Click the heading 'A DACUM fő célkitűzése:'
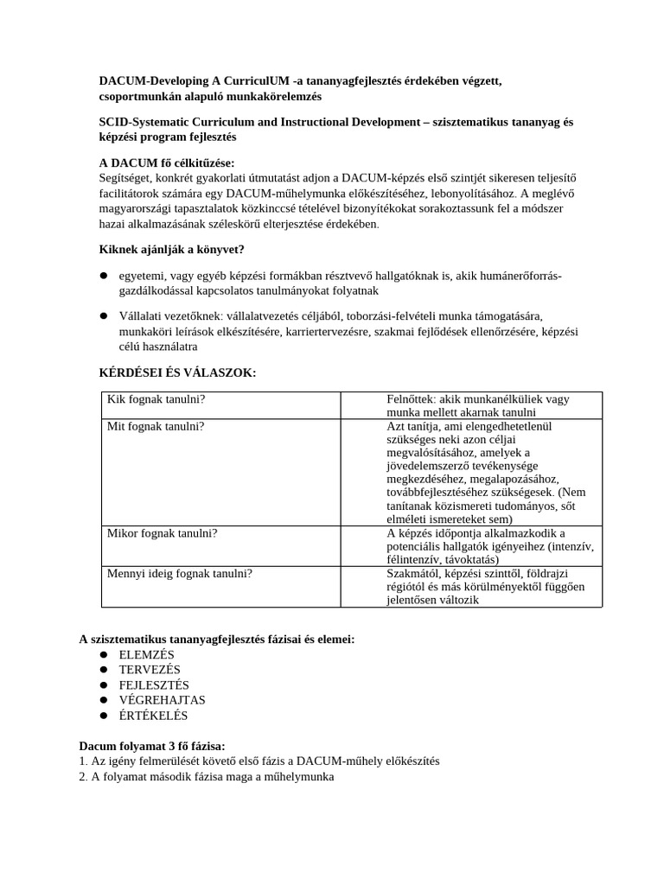tap(166, 163)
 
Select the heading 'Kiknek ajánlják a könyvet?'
tap(172, 250)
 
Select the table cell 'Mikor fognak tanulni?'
tap(162, 533)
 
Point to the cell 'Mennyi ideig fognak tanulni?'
tap(179, 573)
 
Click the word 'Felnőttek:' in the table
tap(412, 399)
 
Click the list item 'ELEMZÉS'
tap(146, 654)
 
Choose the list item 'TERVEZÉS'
tap(150, 670)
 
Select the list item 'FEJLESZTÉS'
tap(154, 685)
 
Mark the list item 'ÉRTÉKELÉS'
tap(153, 716)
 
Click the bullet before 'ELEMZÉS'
tap(103, 654)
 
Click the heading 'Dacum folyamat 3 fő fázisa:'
tap(152, 745)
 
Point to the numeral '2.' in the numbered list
tap(83, 776)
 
